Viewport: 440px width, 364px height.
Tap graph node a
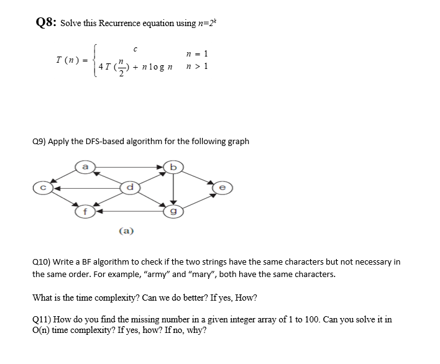pyautogui.click(x=85, y=166)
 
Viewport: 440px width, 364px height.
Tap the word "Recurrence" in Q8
pyautogui.click(x=112, y=24)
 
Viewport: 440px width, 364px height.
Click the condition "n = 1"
pyautogui.click(x=196, y=53)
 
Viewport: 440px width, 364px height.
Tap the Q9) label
pyautogui.click(x=39, y=141)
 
